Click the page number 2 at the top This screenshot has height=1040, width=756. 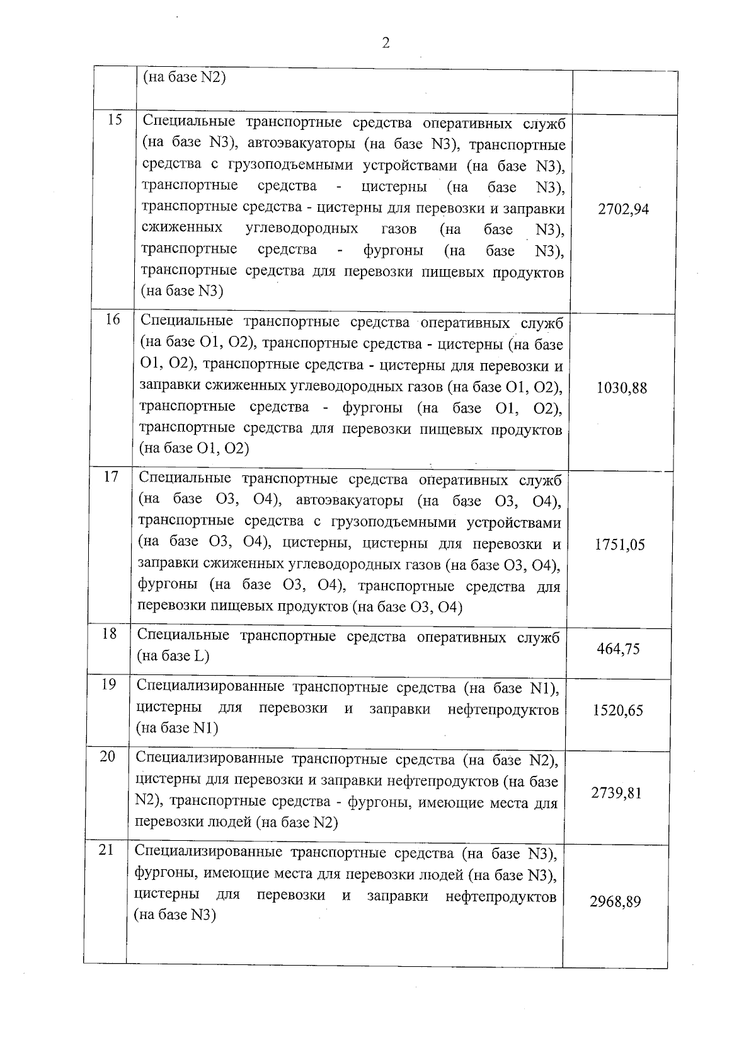coord(386,43)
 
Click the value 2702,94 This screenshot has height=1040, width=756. coord(623,209)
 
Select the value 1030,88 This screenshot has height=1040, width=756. coord(621,388)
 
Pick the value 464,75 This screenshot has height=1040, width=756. coord(618,649)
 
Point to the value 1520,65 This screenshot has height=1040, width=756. coord(617,710)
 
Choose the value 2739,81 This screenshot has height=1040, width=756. coord(616,792)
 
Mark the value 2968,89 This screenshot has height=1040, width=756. coord(615,901)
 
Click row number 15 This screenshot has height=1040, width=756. coord(115,120)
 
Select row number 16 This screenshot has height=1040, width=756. coord(112,320)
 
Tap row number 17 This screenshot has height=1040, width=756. coord(111,477)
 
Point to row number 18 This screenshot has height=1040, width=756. coord(110,633)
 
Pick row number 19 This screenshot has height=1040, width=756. coord(108,684)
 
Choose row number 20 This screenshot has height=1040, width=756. coord(107,756)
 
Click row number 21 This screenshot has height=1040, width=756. coord(106,850)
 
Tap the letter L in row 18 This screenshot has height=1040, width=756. coord(199,656)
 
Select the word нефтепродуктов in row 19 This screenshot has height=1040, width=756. coord(503,710)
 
